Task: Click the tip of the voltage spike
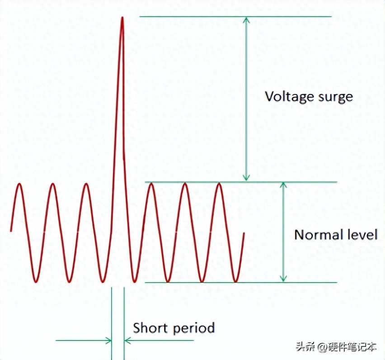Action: click(122, 18)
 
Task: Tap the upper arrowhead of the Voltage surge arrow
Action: click(246, 20)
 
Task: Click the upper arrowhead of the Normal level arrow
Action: click(283, 186)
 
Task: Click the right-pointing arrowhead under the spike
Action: click(108, 340)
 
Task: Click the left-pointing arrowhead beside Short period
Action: click(127, 340)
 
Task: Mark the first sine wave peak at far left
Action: click(19, 184)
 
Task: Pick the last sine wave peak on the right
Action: click(219, 184)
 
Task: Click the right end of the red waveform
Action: click(244, 233)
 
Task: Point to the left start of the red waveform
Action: click(11, 231)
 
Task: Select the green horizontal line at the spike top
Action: click(235, 17)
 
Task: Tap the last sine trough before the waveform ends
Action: click(235, 281)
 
